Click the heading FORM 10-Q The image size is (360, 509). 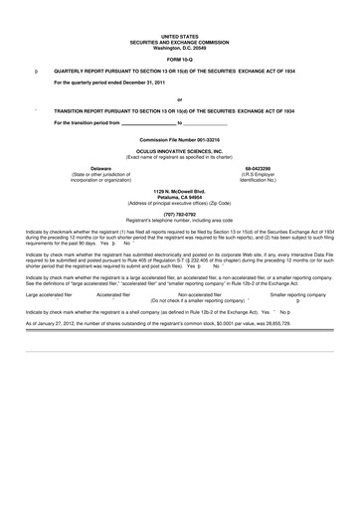point(179,59)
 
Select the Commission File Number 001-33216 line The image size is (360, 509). point(179,141)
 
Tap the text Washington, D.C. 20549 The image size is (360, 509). point(179,48)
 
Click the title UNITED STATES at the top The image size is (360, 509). point(179,36)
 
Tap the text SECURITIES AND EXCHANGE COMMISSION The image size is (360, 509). point(179,42)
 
